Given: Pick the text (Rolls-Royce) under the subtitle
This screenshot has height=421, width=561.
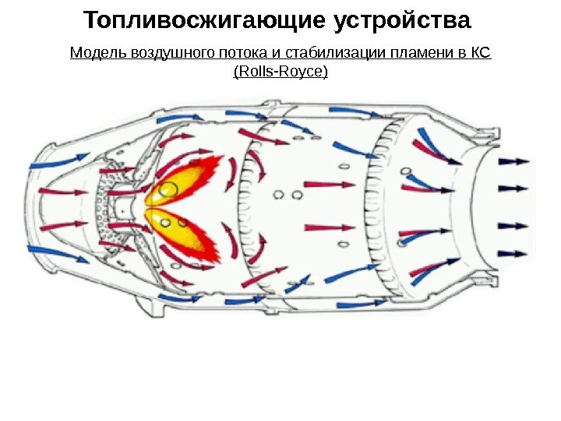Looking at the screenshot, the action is pos(280,73).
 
